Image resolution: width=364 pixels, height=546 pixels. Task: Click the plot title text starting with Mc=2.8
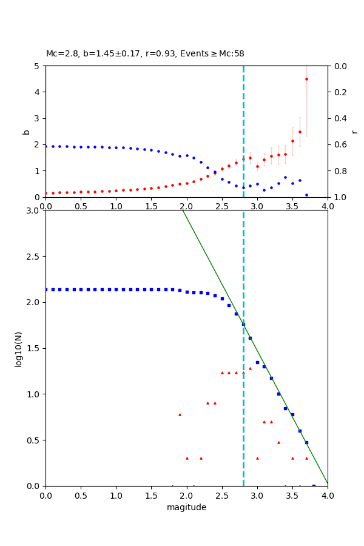pos(145,54)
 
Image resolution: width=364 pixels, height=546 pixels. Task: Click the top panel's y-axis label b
pos(26,132)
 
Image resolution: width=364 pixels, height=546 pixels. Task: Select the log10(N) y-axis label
pos(19,348)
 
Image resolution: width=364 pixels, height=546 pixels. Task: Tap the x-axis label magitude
pos(186,507)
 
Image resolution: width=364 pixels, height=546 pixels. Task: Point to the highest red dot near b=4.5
pos(306,79)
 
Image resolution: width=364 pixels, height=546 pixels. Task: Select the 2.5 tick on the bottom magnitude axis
pos(222,496)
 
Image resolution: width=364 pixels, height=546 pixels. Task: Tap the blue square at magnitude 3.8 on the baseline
pos(314,485)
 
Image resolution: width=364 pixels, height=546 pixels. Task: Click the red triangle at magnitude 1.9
pos(180,414)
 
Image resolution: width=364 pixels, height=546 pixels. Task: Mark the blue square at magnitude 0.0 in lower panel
pos(46,289)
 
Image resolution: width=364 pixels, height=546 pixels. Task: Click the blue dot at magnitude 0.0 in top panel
pos(46,146)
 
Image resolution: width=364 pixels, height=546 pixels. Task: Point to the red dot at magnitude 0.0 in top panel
pos(46,193)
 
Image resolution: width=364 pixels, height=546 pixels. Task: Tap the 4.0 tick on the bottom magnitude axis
pos(328,496)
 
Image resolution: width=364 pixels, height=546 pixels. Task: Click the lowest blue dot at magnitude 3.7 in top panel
pos(306,195)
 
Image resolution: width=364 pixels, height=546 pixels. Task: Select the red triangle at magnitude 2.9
pos(250,368)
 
